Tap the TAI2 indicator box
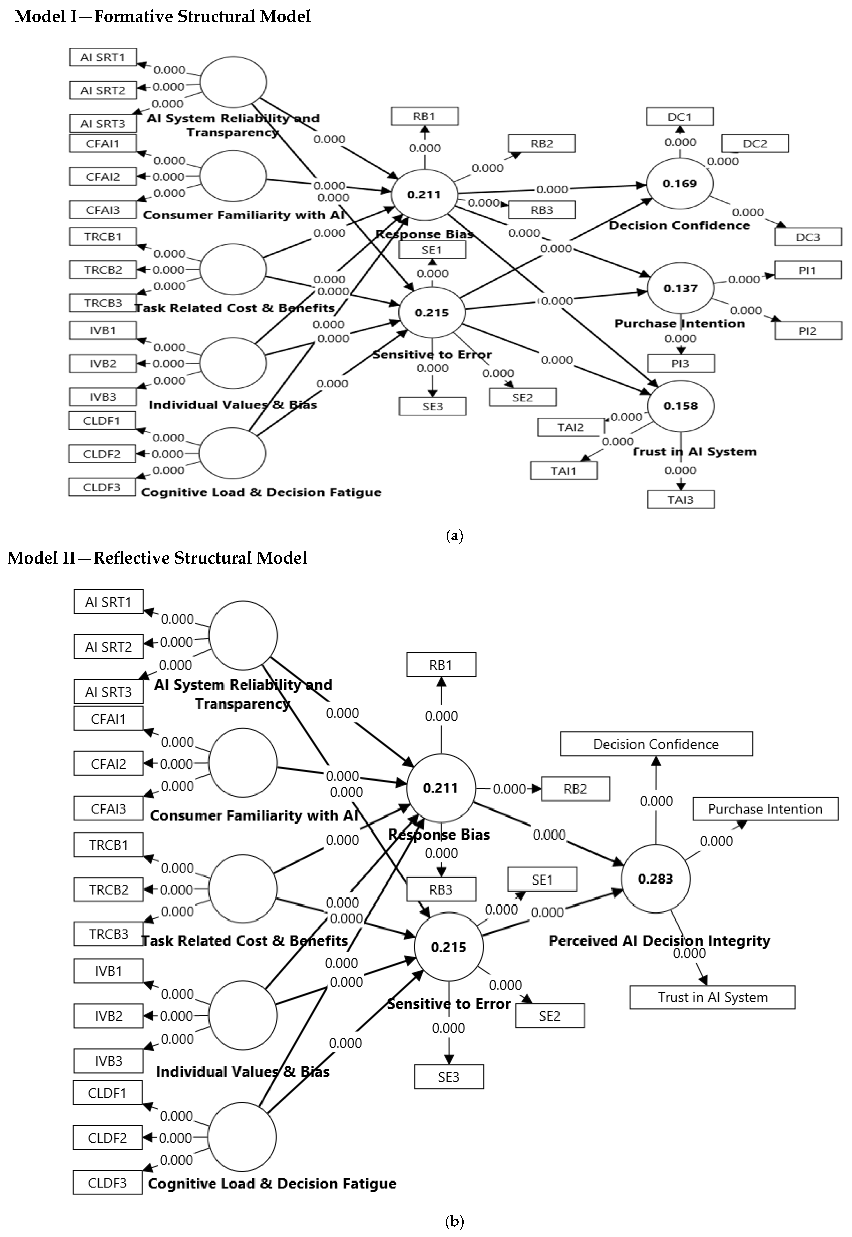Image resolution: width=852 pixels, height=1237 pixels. (571, 427)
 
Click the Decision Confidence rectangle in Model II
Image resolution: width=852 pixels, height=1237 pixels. (656, 744)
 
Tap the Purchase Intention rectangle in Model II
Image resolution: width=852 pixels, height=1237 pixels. (765, 809)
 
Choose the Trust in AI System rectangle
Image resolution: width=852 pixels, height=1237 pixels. (713, 998)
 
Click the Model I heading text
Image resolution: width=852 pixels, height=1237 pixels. (163, 17)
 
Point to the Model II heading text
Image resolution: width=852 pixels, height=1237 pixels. (158, 558)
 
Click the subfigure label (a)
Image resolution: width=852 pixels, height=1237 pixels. (454, 536)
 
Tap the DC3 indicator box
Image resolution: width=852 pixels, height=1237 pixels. (808, 237)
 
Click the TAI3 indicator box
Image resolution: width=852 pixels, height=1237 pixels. (681, 500)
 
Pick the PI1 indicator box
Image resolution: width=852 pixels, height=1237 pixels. (808, 271)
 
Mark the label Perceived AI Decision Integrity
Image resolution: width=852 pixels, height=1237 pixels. (659, 941)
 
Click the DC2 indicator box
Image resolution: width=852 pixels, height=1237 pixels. (755, 144)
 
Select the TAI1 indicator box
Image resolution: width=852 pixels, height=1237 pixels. (564, 471)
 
